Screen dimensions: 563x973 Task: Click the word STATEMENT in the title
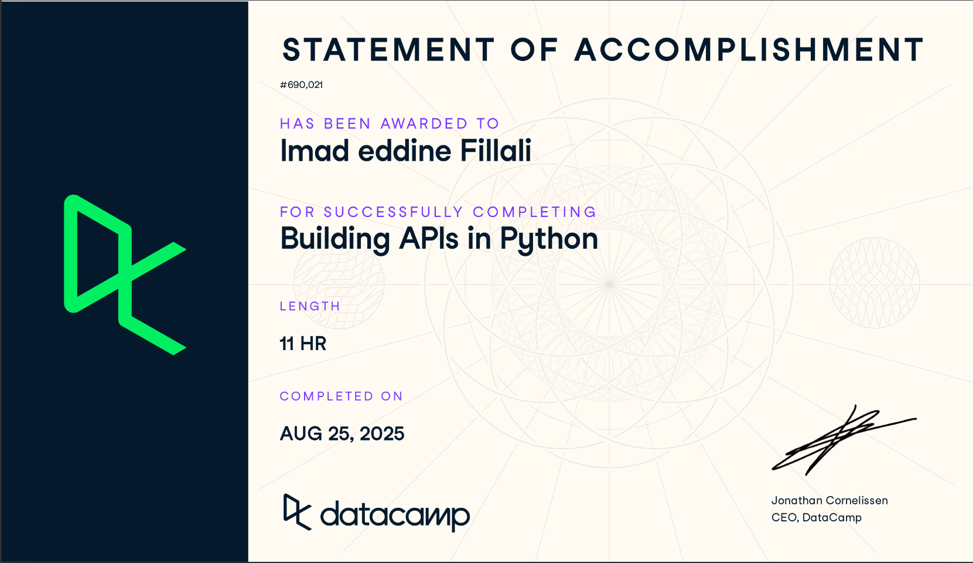(388, 50)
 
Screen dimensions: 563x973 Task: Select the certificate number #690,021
(301, 84)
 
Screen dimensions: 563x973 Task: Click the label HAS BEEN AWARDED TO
(389, 124)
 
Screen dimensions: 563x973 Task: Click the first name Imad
(315, 151)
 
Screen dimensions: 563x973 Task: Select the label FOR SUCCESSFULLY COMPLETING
(438, 212)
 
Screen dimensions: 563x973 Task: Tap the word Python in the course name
(549, 239)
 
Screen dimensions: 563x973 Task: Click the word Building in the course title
(335, 239)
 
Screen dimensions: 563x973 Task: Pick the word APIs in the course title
(429, 239)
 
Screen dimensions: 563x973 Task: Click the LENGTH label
(310, 306)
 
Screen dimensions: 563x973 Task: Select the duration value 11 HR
(303, 343)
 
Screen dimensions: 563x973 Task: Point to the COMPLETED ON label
(341, 396)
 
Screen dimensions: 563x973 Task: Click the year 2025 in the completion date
(382, 433)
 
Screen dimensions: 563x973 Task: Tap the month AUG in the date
(301, 433)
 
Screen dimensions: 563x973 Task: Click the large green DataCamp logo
(125, 274)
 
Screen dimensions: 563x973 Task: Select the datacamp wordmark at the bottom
(394, 514)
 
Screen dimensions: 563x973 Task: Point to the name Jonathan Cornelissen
(829, 500)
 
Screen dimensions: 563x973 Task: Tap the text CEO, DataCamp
(816, 517)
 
